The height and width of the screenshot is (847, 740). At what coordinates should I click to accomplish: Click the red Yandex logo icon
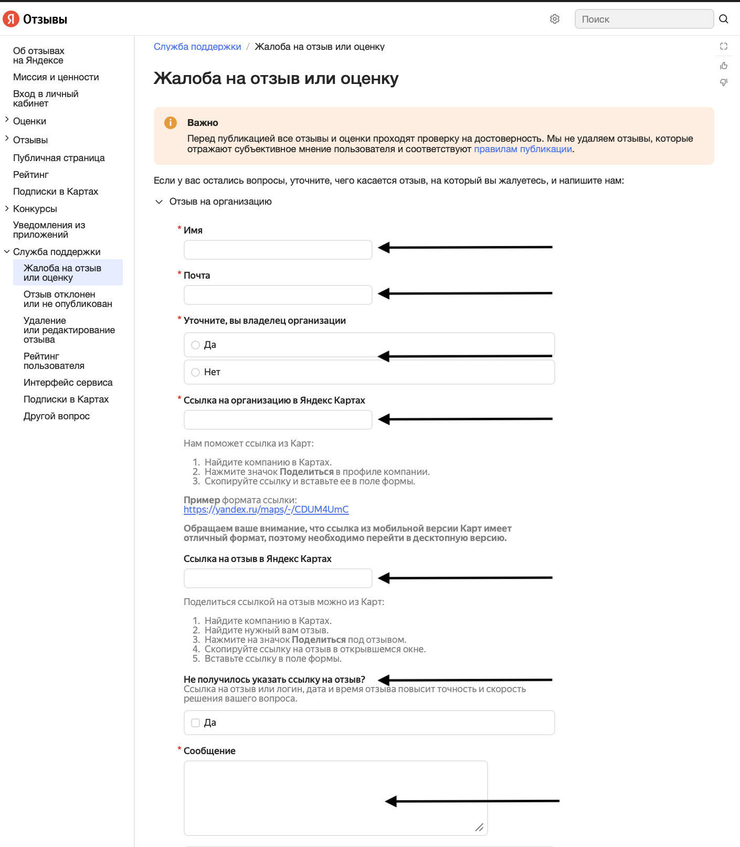[x=11, y=19]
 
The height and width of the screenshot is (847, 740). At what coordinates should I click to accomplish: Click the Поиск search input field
[x=644, y=19]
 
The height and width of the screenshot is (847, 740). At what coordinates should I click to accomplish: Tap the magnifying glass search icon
[x=724, y=19]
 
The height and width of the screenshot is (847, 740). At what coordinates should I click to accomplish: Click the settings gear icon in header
[x=555, y=19]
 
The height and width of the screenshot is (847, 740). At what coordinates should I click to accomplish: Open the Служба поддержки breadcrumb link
[x=197, y=47]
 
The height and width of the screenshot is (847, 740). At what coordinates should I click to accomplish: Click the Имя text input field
[x=278, y=250]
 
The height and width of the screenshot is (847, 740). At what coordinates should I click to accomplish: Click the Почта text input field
[x=278, y=295]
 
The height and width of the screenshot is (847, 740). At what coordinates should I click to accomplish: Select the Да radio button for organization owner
[x=196, y=345]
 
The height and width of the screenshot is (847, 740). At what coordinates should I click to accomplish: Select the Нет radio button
[x=196, y=372]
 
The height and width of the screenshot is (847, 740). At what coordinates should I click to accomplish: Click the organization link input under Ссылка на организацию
[x=278, y=420]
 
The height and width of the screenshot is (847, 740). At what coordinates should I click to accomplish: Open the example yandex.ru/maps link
[x=266, y=510]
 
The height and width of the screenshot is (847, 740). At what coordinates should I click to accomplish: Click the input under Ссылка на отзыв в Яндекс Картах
[x=278, y=578]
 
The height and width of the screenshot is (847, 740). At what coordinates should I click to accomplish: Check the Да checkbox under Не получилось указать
[x=196, y=723]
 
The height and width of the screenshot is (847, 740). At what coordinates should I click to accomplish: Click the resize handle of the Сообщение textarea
[x=479, y=827]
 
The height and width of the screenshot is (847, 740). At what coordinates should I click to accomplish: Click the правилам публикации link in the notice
[x=523, y=149]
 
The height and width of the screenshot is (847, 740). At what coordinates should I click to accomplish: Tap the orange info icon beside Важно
[x=171, y=123]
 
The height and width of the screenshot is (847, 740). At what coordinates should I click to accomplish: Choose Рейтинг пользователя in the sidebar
[x=54, y=361]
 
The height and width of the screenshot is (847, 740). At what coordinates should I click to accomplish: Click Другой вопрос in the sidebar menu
[x=57, y=416]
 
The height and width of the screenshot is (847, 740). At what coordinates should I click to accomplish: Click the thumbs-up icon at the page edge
[x=724, y=66]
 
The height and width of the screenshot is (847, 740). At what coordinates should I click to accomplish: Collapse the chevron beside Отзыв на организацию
[x=159, y=202]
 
